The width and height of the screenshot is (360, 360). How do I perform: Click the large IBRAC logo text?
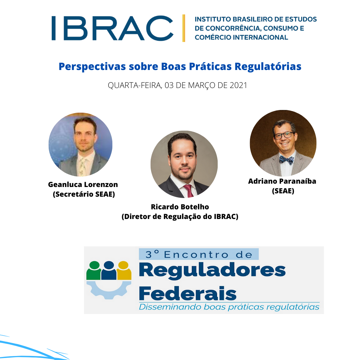coord(112,28)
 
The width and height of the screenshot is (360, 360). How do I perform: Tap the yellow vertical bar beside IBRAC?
coord(184,28)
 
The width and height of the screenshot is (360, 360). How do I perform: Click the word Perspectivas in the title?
coord(92,67)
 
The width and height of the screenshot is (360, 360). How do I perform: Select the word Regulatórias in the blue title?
coord(268,67)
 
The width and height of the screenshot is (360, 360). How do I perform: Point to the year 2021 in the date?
coord(238,85)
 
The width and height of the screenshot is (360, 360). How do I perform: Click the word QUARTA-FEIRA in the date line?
coord(135,85)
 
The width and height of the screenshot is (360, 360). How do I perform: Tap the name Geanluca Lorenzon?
coord(83,184)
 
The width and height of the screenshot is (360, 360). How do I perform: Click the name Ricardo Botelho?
coord(180,207)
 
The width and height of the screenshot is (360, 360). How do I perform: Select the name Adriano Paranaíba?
coord(282,181)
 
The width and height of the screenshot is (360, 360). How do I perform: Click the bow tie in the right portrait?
coord(287,160)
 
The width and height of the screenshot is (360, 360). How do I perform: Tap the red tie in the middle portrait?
coord(189,191)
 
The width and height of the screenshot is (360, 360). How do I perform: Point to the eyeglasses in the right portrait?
coord(284,135)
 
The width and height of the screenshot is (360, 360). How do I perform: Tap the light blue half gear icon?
coord(109,290)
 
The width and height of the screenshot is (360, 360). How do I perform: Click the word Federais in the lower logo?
coord(188,293)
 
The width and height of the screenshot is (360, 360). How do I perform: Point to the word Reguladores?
coord(212,270)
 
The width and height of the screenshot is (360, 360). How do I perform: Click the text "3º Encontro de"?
coord(199,254)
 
